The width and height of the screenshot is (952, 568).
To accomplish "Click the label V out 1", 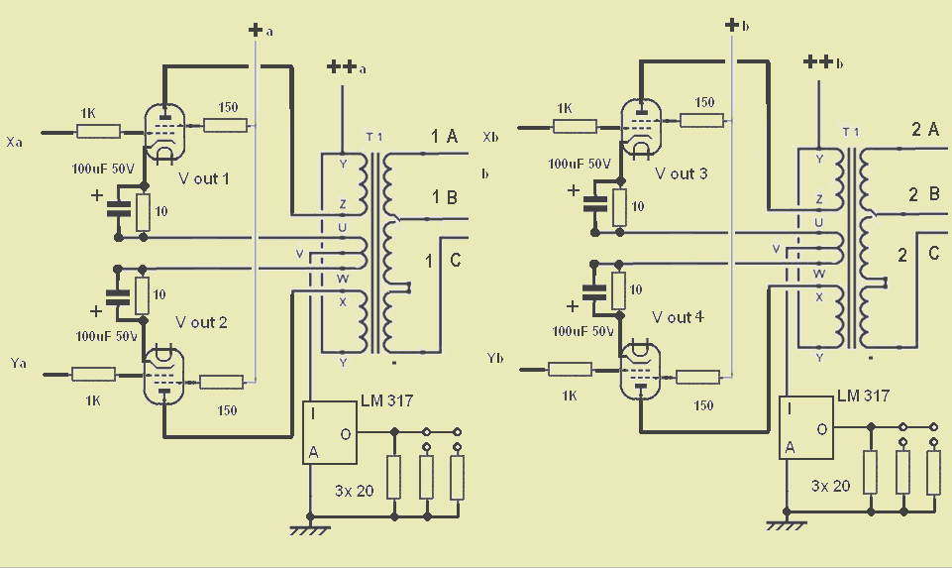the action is [x=203, y=178].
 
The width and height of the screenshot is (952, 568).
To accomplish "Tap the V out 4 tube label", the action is [x=678, y=317].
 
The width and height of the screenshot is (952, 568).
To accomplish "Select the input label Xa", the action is [x=14, y=142].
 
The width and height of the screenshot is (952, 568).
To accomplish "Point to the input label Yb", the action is [x=494, y=359].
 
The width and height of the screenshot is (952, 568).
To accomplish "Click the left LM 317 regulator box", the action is [x=330, y=432].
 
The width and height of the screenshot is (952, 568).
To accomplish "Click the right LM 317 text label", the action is [x=863, y=397].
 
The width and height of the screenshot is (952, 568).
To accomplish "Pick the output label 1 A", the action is [x=444, y=137].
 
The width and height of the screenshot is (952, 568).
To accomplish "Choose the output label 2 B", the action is [x=924, y=194].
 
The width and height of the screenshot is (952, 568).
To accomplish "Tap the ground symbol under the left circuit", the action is [x=310, y=529].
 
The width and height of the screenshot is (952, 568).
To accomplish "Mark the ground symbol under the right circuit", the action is [x=787, y=524].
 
